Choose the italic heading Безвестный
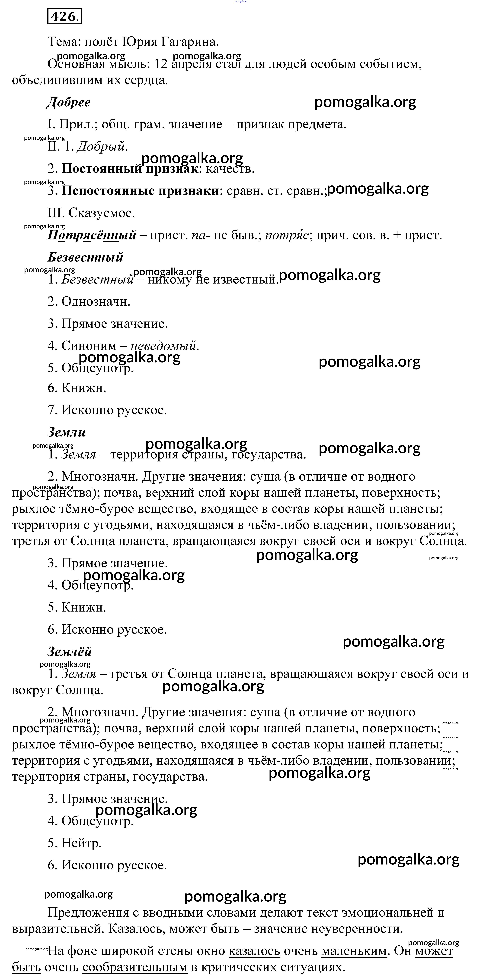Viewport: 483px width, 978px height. point(85,257)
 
